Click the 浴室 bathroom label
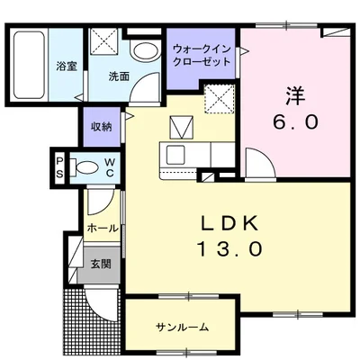click(65, 67)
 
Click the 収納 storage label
click(101, 127)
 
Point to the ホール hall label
click(103, 229)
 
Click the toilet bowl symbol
click(86, 167)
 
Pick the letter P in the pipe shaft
click(59, 160)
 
